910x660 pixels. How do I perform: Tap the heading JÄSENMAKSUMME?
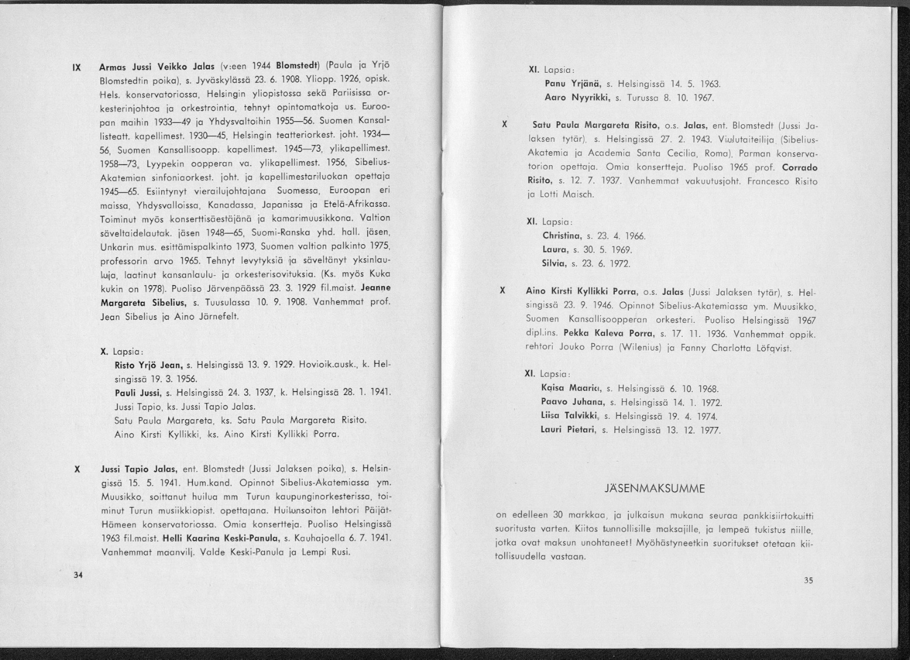click(x=654, y=489)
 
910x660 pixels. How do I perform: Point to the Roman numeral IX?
click(x=77, y=67)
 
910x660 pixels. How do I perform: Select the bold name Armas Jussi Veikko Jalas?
click(x=157, y=67)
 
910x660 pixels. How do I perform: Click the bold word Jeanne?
click(x=375, y=287)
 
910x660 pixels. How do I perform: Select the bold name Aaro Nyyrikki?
click(x=578, y=97)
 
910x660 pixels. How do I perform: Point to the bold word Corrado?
click(x=799, y=168)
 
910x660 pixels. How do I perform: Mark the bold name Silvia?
click(x=554, y=264)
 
